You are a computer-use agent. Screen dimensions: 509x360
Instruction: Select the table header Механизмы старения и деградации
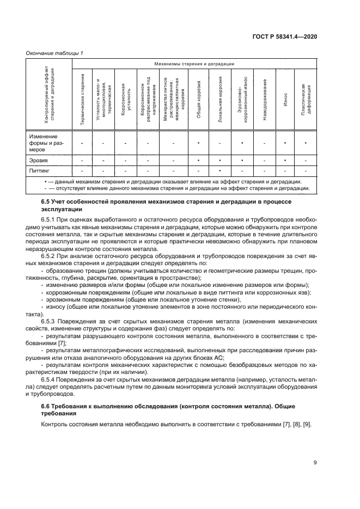193,64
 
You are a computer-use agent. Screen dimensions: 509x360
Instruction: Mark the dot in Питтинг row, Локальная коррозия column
220,170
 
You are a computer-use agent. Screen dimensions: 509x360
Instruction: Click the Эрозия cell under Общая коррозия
199,161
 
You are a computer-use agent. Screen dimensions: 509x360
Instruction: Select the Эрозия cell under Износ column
285,161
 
